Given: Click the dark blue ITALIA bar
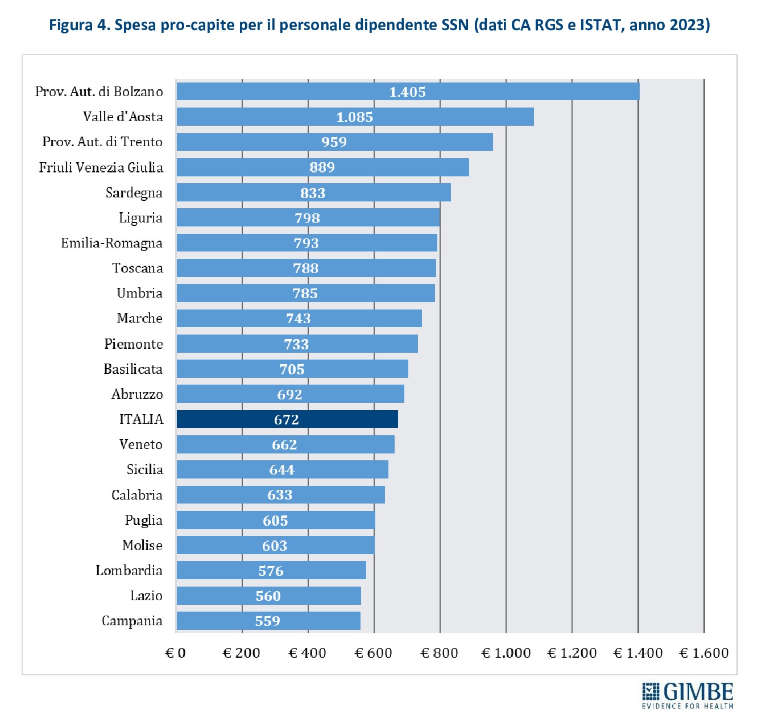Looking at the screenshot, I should point(287,419).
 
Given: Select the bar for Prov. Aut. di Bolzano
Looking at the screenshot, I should point(407,92).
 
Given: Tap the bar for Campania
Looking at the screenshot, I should point(268,621).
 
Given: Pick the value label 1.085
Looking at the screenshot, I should point(355,117).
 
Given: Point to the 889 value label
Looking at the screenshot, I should point(322,167).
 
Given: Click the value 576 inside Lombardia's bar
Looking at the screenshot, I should point(271,571).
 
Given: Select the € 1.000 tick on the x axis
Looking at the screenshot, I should point(506,653).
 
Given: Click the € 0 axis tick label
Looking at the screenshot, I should point(176,653).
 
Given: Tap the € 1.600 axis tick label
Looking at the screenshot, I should point(704,653).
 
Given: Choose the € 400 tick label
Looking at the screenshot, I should point(308,653).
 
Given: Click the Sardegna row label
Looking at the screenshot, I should point(134,193).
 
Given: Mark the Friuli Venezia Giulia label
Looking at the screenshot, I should point(101,168).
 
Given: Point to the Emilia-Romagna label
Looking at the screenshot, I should point(111,244).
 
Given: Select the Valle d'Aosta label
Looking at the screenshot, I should point(123,117).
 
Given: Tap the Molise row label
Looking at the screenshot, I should point(142,546).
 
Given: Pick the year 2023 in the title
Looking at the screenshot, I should point(689,26).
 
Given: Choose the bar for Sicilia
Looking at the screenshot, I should point(282,470).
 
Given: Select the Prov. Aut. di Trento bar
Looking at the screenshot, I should point(334,142).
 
